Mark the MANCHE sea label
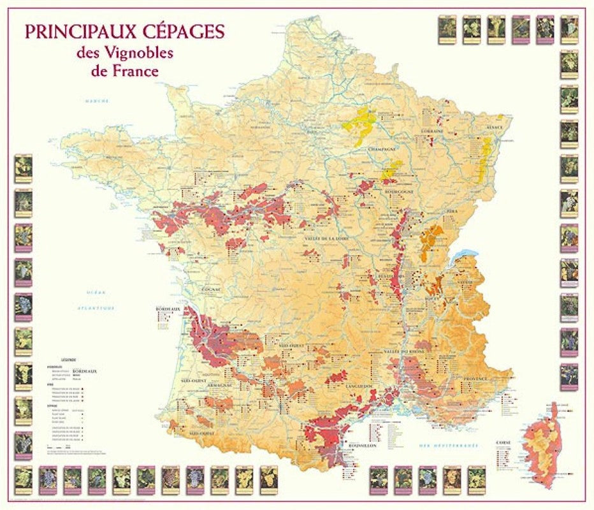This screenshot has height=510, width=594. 98,101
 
